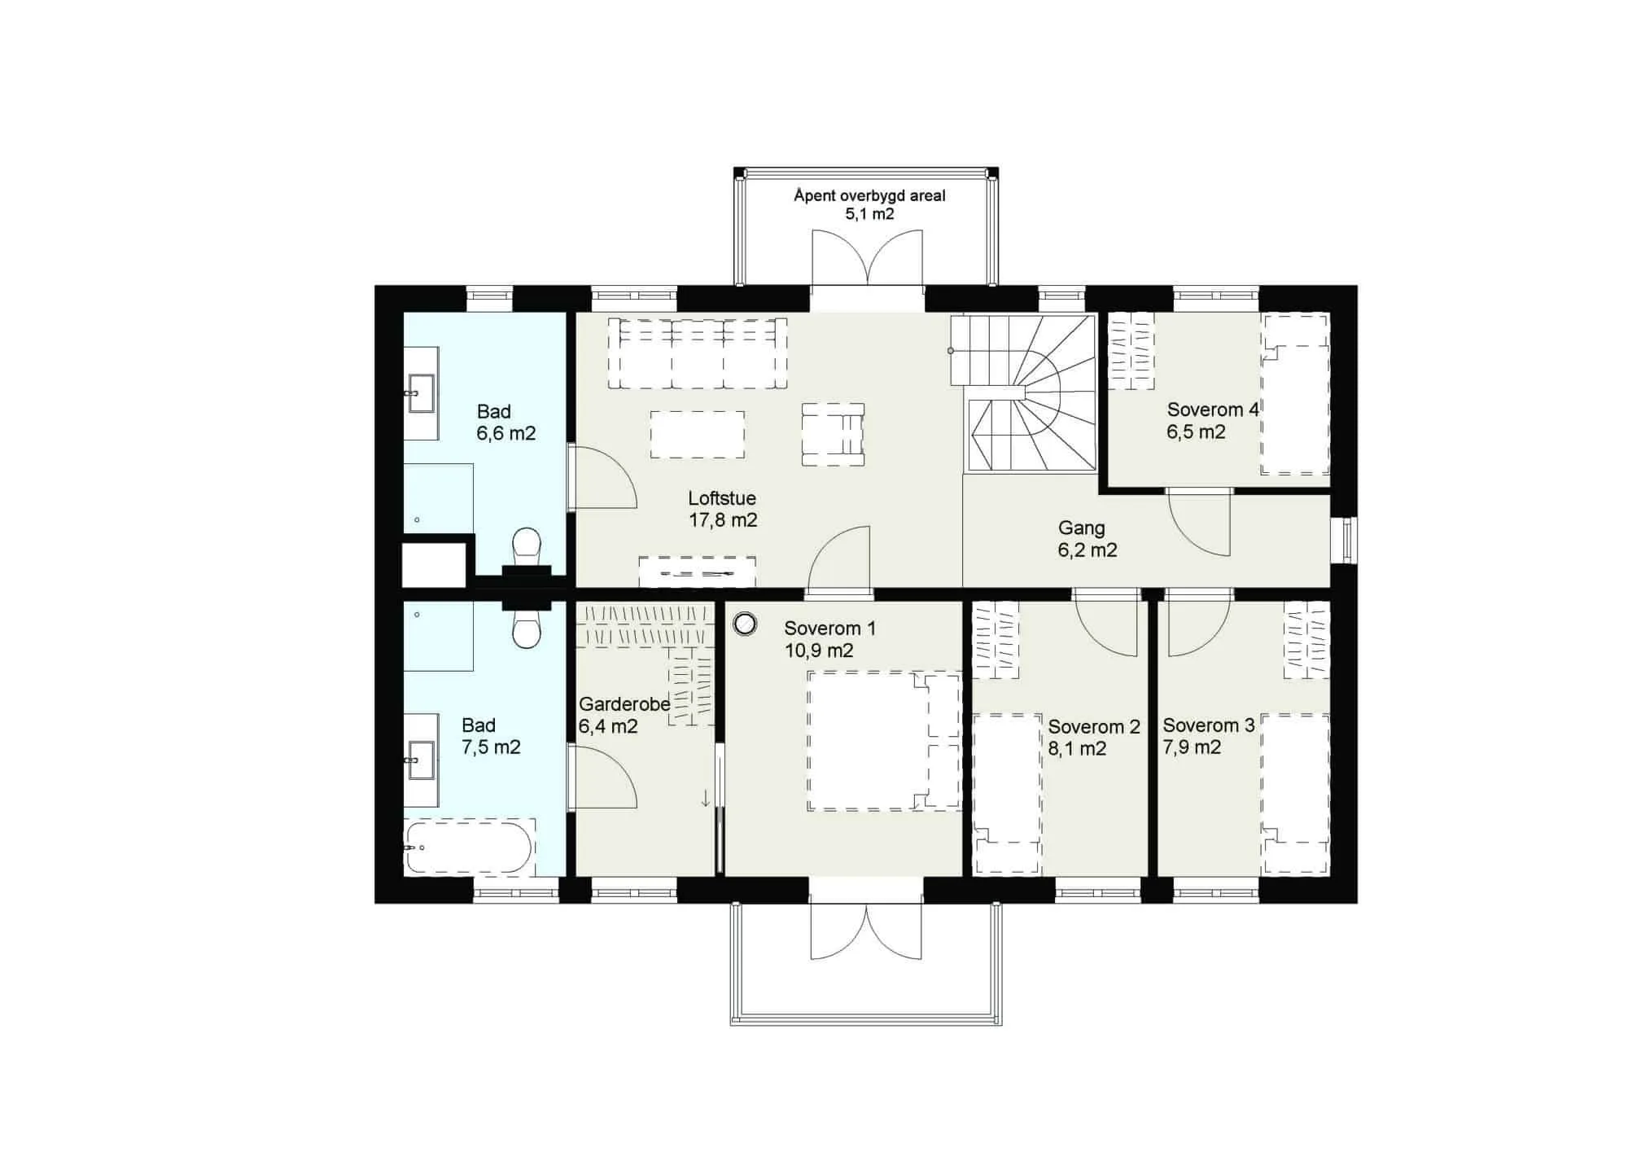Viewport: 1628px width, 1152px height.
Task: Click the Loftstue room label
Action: tap(722, 498)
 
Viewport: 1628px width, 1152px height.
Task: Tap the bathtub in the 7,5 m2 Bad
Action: tap(470, 848)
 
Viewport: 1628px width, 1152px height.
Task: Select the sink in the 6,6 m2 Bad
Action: tap(422, 394)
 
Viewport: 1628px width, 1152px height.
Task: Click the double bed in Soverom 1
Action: tap(884, 741)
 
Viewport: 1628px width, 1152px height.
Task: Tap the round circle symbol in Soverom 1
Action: tap(745, 624)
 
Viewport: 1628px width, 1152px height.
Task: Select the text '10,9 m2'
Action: tap(819, 650)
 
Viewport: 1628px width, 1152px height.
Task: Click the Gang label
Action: tap(1081, 528)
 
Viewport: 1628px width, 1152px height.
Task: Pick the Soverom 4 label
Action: tap(1213, 410)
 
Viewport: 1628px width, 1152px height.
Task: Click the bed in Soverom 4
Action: tap(1295, 394)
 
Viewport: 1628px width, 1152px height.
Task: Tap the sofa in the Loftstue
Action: tap(698, 353)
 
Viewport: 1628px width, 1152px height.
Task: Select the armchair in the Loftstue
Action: tap(833, 434)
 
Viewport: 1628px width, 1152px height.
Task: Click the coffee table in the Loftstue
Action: tap(698, 435)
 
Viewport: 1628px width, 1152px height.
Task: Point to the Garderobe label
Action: tap(624, 703)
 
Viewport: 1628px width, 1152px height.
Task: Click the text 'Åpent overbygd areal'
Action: tap(869, 195)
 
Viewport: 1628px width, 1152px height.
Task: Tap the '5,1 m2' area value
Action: tap(869, 214)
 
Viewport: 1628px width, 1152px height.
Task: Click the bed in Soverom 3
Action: tap(1295, 794)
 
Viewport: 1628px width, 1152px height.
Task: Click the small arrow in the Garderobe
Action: tap(706, 799)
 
